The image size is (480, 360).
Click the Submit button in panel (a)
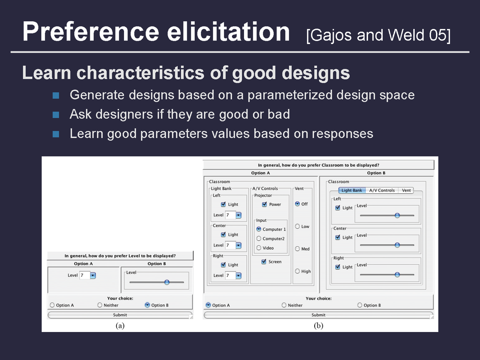click(x=120, y=315)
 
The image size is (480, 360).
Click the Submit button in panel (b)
click(x=318, y=315)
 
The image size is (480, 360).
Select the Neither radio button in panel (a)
click(x=100, y=305)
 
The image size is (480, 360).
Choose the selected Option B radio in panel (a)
click(x=147, y=305)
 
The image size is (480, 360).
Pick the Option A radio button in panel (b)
click(x=208, y=305)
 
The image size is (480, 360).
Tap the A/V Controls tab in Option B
click(x=382, y=190)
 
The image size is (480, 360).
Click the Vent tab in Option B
click(x=406, y=190)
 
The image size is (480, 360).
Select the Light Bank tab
click(x=352, y=190)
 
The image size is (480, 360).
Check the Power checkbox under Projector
click(x=264, y=204)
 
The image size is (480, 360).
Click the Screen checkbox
click(x=264, y=261)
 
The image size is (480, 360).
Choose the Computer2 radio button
click(x=259, y=239)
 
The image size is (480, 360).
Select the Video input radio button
click(x=259, y=248)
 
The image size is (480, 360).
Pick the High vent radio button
click(x=297, y=271)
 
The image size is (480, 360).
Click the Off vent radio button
click(x=297, y=204)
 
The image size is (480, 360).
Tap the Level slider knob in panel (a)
click(x=167, y=282)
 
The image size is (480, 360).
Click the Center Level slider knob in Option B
click(x=397, y=245)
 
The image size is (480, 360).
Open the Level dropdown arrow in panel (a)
click(x=93, y=275)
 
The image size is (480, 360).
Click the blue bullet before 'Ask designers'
click(x=56, y=115)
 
